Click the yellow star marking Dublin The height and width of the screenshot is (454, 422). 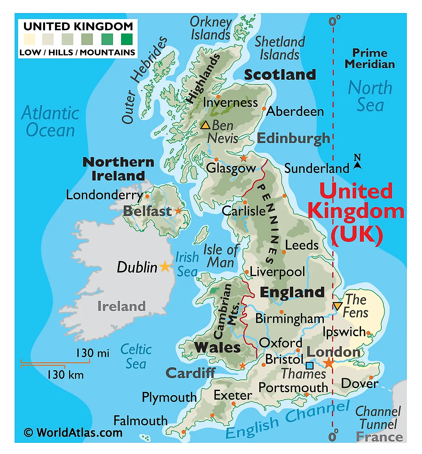(x=165, y=266)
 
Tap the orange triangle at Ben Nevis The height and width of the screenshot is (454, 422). (x=205, y=125)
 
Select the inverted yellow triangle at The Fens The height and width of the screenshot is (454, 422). (x=337, y=306)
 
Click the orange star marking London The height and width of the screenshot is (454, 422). (x=328, y=363)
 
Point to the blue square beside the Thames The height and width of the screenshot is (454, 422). (x=309, y=365)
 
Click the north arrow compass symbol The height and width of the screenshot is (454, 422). (x=357, y=162)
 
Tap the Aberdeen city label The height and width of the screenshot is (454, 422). (x=295, y=111)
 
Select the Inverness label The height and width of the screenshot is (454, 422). (x=230, y=102)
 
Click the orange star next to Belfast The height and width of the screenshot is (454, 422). (x=178, y=211)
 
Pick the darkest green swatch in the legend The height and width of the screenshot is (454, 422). (x=127, y=39)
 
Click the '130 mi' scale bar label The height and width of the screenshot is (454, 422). (x=92, y=353)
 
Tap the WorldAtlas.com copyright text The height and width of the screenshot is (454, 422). (x=73, y=433)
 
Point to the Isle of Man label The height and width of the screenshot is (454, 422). (x=221, y=256)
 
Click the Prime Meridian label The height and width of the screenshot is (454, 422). (x=370, y=59)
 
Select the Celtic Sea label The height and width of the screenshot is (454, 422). (x=136, y=356)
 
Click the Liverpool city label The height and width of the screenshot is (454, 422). (x=277, y=272)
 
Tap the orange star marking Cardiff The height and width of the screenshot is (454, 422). (x=243, y=365)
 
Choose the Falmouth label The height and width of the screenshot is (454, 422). (x=140, y=420)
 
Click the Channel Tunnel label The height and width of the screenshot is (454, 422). (x=378, y=418)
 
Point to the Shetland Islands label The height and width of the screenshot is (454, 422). (x=280, y=48)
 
